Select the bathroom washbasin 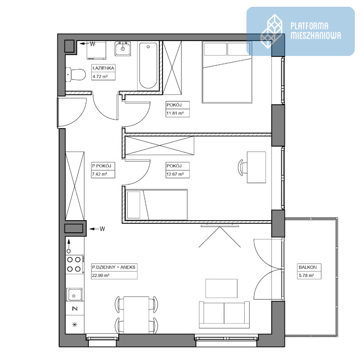point(123,48)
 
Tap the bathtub point(148,65)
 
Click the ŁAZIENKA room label point(103,68)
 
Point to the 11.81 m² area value point(175,113)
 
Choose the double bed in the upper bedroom point(227,72)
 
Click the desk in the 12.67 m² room point(256,167)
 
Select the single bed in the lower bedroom point(157,205)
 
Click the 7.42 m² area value point(99,174)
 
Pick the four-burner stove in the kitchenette point(74,264)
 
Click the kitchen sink point(74,295)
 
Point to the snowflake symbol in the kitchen point(74,325)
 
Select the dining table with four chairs point(136,315)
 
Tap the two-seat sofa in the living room point(224,314)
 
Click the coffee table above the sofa point(222,288)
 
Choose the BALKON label point(307,267)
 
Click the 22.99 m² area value point(100,276)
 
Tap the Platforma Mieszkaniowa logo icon point(272,31)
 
